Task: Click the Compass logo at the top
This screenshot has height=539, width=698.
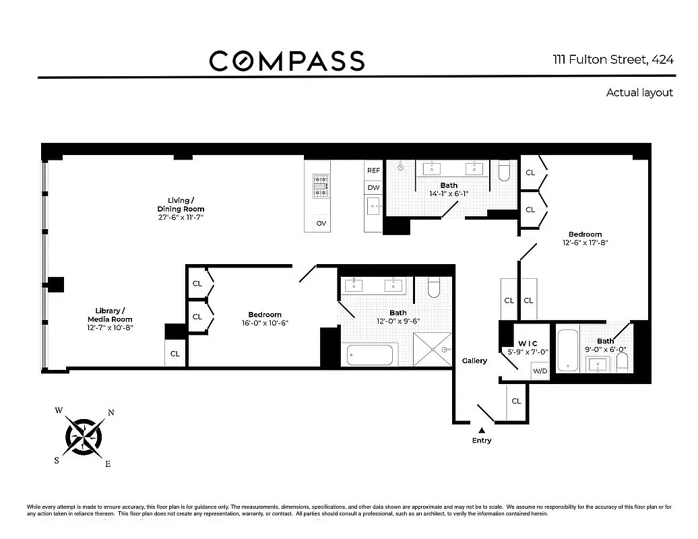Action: [287, 61]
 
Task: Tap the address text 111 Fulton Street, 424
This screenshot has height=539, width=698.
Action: [613, 60]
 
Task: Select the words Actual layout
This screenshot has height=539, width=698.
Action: [639, 92]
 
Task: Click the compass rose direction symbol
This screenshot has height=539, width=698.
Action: [84, 437]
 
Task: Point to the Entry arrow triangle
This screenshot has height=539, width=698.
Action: [481, 431]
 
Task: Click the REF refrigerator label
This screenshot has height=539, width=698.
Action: [373, 170]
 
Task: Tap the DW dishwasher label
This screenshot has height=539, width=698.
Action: [373, 187]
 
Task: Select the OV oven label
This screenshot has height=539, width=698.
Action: [321, 223]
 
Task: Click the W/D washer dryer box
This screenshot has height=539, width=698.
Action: [540, 371]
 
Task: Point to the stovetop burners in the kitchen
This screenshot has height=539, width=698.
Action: [321, 186]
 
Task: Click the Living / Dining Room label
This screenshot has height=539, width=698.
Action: [181, 205]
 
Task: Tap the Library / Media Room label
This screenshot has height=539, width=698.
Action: [110, 315]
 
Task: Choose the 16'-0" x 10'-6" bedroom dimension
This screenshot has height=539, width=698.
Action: [265, 323]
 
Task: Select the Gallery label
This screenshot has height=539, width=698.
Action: [474, 360]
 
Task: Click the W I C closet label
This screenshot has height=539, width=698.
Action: [528, 344]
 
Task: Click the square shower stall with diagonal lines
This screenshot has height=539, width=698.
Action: [433, 350]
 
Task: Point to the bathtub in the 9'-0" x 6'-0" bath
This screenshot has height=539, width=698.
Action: [567, 350]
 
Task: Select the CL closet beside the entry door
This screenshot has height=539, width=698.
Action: [516, 402]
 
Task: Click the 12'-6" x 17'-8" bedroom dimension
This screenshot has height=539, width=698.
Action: [585, 243]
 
